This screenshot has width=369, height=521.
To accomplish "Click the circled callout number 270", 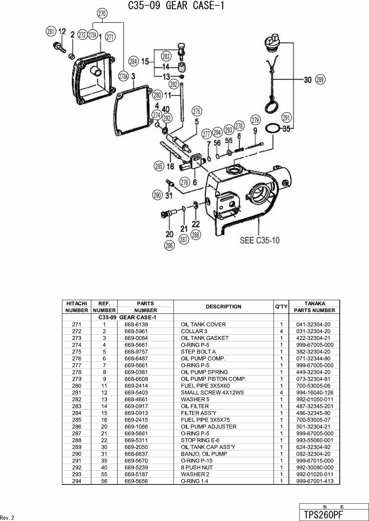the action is (x=102, y=13).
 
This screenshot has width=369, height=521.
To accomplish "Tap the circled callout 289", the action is (x=320, y=79).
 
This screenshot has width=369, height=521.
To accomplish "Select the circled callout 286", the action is (x=169, y=245).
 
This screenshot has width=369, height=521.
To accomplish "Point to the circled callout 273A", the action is (x=123, y=76).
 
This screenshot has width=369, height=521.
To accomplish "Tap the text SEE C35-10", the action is (x=260, y=240).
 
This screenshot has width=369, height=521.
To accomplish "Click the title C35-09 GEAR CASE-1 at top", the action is (x=176, y=5).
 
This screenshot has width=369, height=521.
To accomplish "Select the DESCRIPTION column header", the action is (x=224, y=307).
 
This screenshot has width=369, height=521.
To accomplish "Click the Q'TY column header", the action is (x=281, y=307).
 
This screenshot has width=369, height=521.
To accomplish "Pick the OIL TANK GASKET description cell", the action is (x=205, y=338).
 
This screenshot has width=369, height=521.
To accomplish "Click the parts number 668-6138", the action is (x=136, y=325).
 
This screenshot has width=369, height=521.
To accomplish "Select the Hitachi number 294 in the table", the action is (x=77, y=481).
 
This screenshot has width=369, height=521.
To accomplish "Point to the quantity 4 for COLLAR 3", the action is (x=281, y=331).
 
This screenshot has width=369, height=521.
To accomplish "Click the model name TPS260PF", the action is (x=323, y=515).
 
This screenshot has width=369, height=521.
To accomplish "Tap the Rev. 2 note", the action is (x=7, y=518).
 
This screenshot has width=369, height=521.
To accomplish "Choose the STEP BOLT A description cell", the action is (x=198, y=352).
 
